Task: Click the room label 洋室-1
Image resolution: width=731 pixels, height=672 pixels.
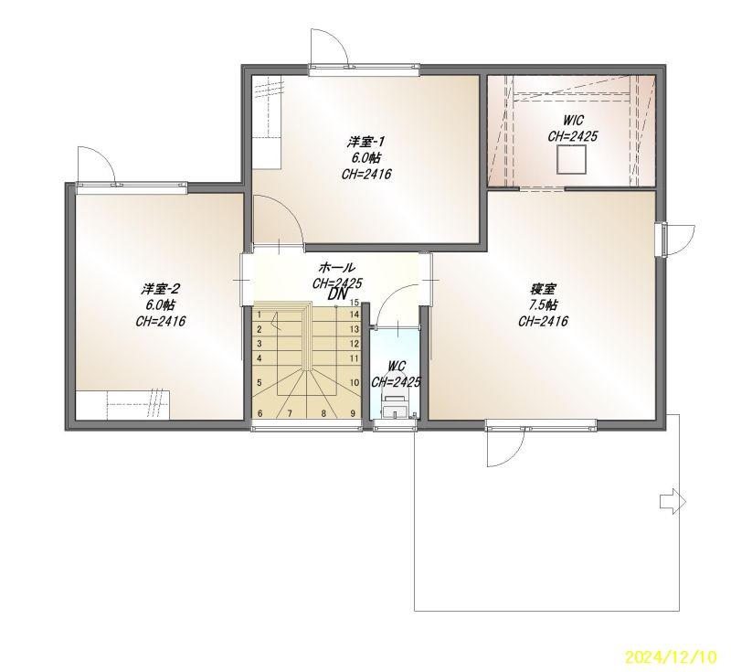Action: click(366, 141)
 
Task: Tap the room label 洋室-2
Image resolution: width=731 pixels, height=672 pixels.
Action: click(161, 289)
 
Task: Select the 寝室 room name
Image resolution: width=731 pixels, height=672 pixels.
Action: click(543, 289)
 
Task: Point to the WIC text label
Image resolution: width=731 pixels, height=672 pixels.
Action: click(573, 120)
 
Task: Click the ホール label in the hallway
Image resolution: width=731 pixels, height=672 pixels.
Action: click(336, 268)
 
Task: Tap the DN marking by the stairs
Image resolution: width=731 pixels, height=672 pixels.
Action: click(339, 293)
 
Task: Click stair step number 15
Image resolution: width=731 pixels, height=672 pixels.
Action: click(355, 303)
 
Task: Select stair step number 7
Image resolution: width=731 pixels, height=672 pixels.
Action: click(290, 413)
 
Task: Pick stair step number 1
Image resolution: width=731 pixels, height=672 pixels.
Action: click(260, 315)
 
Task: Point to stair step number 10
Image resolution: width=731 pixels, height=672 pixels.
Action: click(355, 383)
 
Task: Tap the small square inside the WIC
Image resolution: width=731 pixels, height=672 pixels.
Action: click(571, 159)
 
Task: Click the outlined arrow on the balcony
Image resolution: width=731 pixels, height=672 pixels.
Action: click(673, 502)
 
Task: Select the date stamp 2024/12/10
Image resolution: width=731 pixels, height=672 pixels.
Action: click(670, 657)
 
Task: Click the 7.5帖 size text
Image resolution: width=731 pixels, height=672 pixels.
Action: click(543, 304)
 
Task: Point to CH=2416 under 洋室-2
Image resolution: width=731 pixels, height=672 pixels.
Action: click(161, 321)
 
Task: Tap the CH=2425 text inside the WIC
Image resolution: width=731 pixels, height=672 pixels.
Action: click(573, 136)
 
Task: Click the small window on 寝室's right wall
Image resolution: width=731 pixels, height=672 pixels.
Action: click(661, 240)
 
